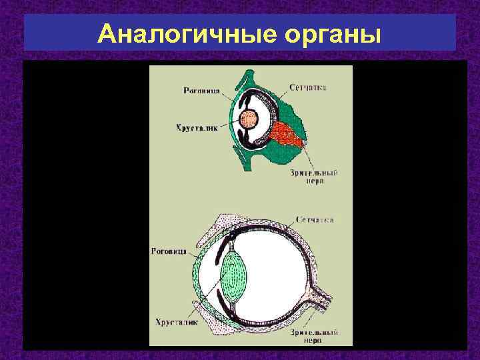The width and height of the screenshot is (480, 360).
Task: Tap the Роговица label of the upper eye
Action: point(203,91)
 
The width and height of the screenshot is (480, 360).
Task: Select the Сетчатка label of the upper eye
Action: point(308,87)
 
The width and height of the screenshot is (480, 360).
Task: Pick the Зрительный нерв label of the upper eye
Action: point(313,177)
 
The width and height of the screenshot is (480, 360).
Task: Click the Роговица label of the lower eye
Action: point(172,252)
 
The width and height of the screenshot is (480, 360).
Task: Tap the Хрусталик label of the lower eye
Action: point(175,321)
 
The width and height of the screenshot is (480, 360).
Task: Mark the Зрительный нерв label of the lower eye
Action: point(314,335)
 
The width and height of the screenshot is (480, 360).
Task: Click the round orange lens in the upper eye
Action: point(251,120)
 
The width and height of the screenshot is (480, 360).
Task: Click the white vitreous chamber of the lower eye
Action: point(280,267)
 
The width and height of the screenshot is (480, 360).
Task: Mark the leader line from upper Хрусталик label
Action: point(230,123)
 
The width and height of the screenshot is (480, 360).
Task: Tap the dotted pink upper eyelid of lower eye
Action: point(220,227)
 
